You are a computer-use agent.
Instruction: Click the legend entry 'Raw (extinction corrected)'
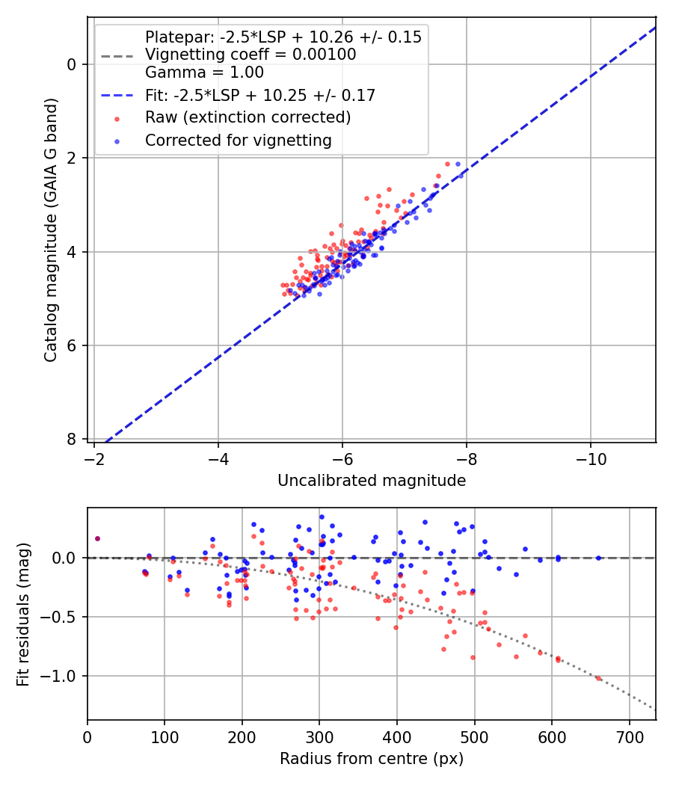pyautogui.click(x=248, y=117)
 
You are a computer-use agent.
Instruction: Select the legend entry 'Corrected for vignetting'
pyautogui.click(x=238, y=140)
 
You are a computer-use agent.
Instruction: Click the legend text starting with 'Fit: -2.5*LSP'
pyautogui.click(x=259, y=95)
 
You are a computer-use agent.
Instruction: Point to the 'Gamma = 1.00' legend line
pyautogui.click(x=204, y=73)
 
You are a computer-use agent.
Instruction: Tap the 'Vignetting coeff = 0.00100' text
pyautogui.click(x=251, y=55)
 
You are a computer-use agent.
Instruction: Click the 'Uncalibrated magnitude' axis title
pyautogui.click(x=372, y=481)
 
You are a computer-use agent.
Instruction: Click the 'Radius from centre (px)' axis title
pyautogui.click(x=372, y=759)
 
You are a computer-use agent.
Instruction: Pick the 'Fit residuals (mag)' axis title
pyautogui.click(x=24, y=614)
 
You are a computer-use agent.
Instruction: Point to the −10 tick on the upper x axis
pyautogui.click(x=591, y=458)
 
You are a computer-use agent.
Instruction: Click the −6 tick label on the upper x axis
pyautogui.click(x=342, y=458)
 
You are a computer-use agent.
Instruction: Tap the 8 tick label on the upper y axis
pyautogui.click(x=73, y=439)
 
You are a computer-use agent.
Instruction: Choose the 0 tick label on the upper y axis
pyautogui.click(x=73, y=64)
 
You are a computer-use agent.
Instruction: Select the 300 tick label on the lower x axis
pyautogui.click(x=319, y=736)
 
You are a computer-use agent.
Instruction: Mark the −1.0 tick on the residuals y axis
pyautogui.click(x=62, y=676)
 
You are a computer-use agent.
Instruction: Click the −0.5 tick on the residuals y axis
pyautogui.click(x=62, y=617)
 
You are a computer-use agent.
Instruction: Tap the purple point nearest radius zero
pyautogui.click(x=97, y=538)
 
